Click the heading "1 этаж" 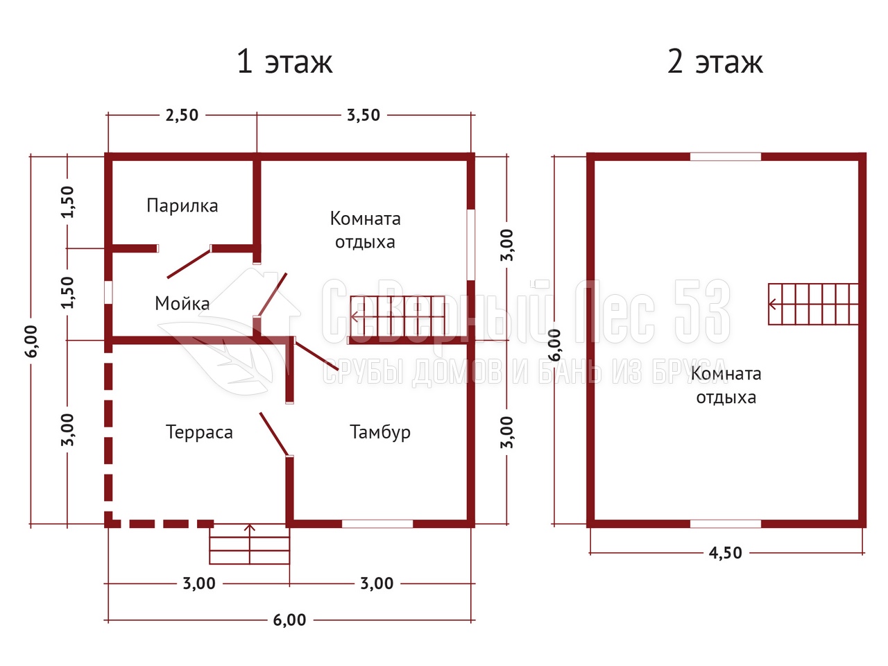[284, 62]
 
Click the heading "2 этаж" [715, 62]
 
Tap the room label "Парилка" [182, 206]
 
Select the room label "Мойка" [182, 303]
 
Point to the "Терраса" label [199, 433]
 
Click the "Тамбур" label [380, 433]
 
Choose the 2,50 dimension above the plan [182, 116]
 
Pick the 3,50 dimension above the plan [364, 116]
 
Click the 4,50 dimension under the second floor [726, 553]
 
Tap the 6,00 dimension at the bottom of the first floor [289, 620]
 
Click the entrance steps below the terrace [250, 544]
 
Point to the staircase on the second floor [813, 304]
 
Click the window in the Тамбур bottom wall [377, 524]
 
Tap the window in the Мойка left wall [108, 292]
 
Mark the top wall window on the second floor [726, 157]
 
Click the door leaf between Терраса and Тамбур [274, 434]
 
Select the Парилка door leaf [189, 263]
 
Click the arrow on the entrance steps [250, 544]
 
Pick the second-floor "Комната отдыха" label [726, 386]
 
